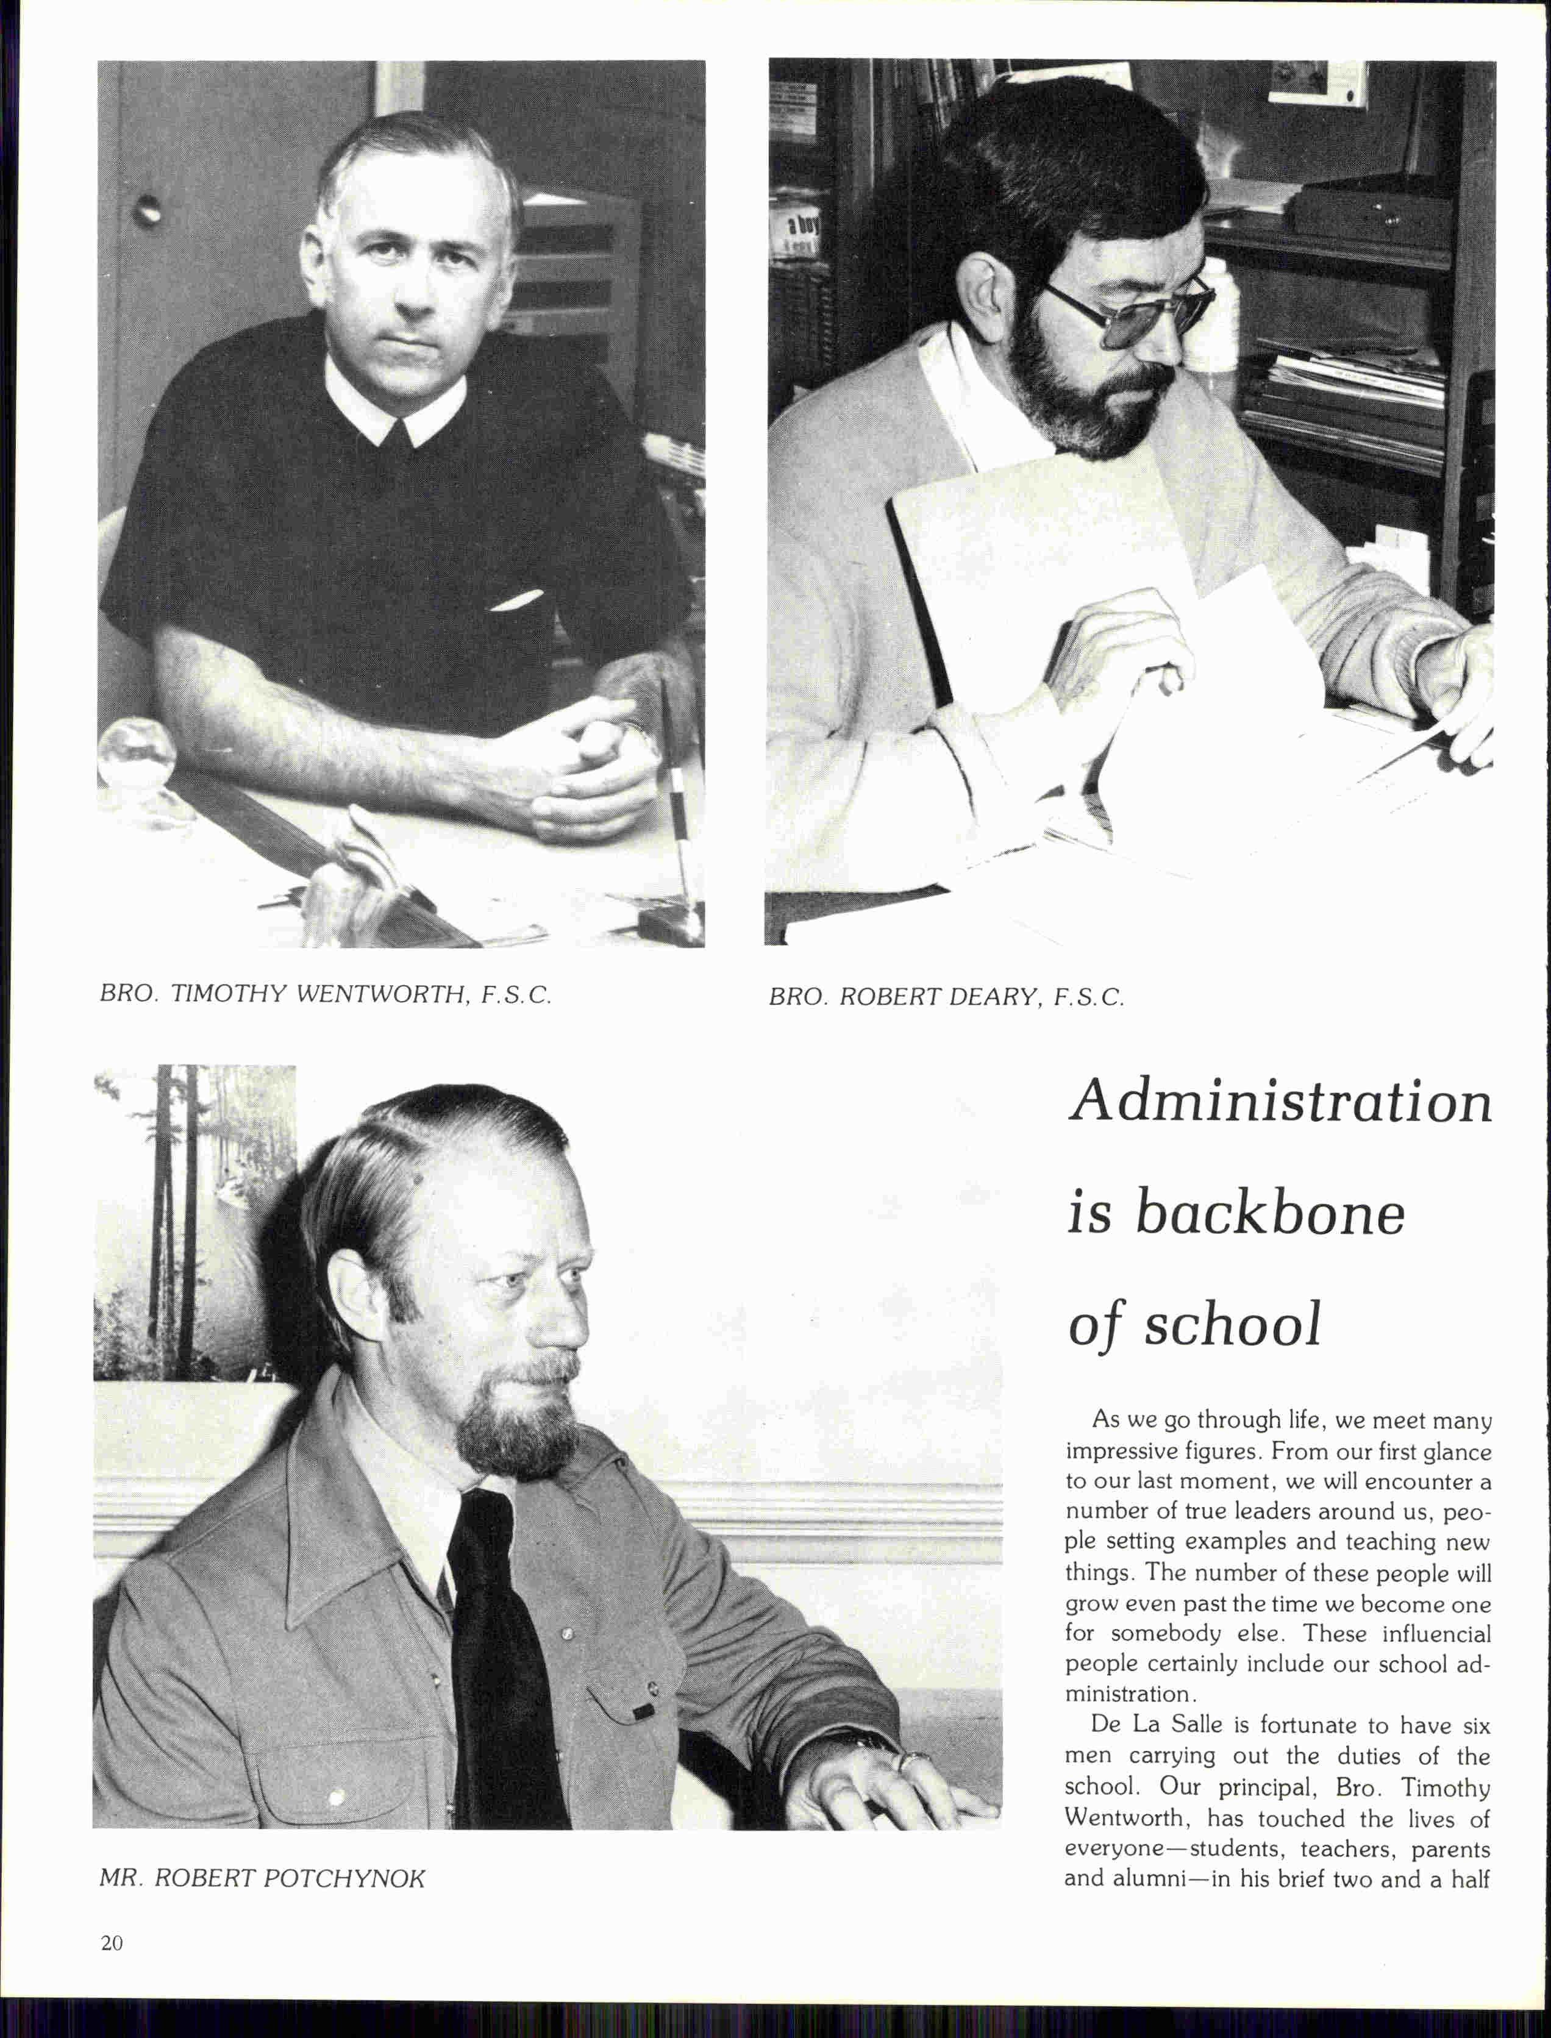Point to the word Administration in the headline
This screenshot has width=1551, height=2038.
(1280, 1103)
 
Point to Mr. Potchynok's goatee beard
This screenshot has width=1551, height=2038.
(512, 1417)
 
